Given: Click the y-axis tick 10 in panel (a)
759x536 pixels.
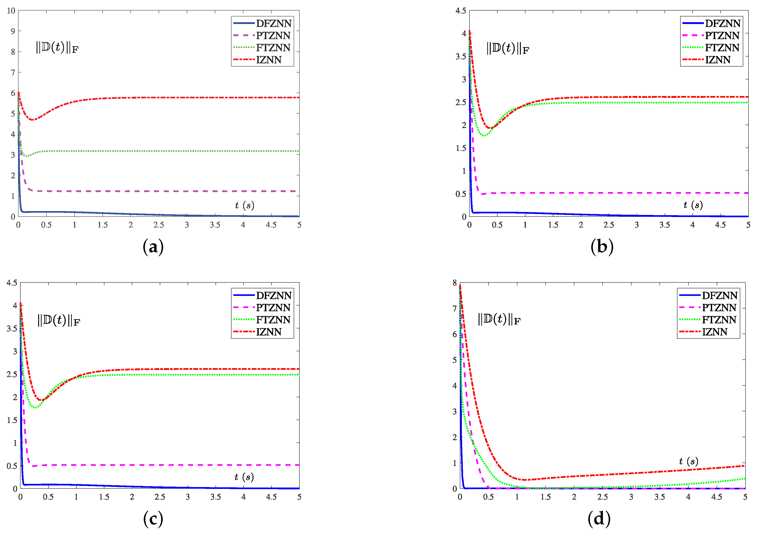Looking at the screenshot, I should click(x=11, y=11).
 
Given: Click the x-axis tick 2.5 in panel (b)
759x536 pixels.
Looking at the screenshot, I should click(x=609, y=225).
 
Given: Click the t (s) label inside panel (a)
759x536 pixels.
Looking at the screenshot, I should click(x=244, y=205).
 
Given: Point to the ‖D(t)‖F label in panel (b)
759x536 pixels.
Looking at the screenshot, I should click(x=508, y=49).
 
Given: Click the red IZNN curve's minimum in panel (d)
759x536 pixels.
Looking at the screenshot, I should click(x=525, y=480).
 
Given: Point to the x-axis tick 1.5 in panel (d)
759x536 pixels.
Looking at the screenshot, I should click(x=546, y=497).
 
